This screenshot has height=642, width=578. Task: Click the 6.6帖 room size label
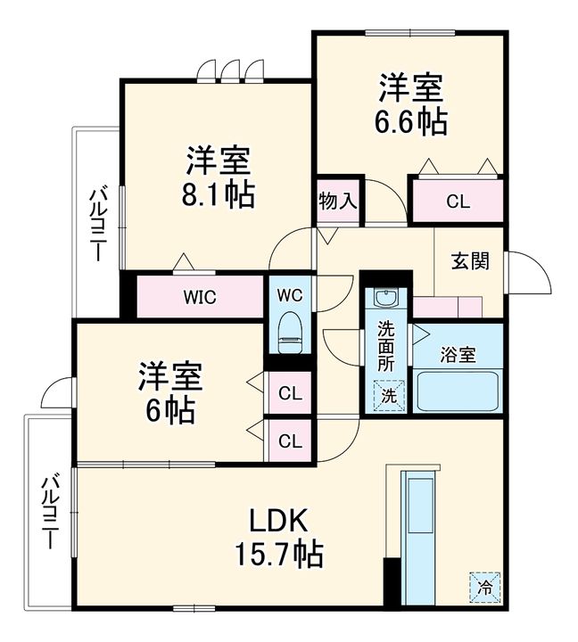411,121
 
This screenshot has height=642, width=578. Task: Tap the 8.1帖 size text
218,193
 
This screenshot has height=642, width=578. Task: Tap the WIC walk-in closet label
200,297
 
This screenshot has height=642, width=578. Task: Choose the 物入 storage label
338,201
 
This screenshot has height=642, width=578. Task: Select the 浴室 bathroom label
457,353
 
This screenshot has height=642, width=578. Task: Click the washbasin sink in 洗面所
385,299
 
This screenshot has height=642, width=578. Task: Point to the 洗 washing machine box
388,393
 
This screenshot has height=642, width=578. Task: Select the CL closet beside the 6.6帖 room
457,201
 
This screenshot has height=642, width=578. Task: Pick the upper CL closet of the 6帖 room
289,392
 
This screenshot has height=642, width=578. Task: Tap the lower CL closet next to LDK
289,440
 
